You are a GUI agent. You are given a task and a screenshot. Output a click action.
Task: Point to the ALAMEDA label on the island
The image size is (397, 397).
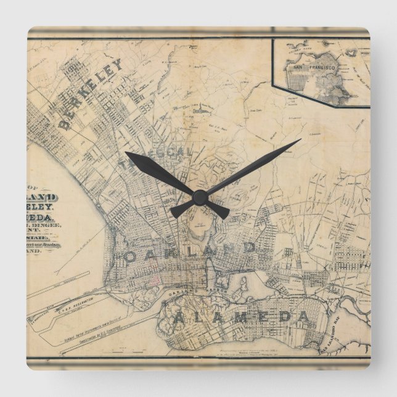(x=241, y=317)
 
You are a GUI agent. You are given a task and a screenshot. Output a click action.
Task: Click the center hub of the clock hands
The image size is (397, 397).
(x=198, y=197)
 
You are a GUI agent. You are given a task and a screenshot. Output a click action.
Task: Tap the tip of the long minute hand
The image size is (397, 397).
(x=300, y=139)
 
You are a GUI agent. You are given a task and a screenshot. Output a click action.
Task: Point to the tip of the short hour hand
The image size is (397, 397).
(x=126, y=153)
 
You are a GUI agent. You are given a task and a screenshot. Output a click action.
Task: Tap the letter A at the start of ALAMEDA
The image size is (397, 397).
(x=178, y=318)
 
